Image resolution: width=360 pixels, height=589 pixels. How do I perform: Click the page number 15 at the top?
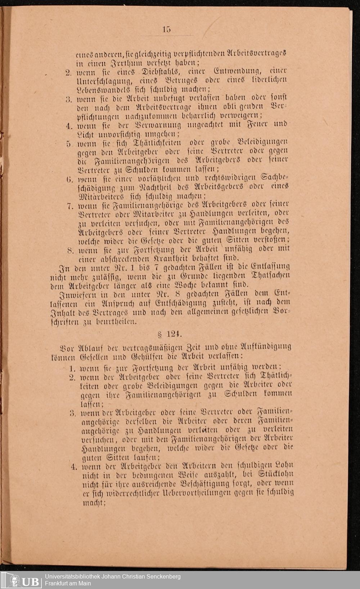pyautogui.click(x=166, y=30)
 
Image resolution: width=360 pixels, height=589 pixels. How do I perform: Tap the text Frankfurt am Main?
pyautogui.click(x=68, y=583)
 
